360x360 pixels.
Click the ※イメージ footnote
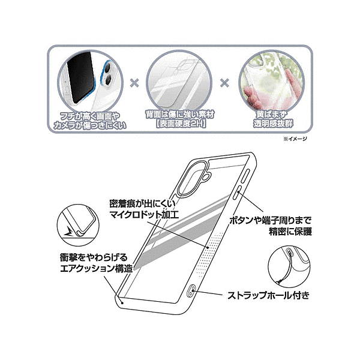click(295, 139)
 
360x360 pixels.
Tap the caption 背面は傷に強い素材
click(180, 114)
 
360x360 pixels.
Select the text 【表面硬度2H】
click(181, 124)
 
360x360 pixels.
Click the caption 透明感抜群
click(273, 124)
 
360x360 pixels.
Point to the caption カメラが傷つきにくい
click(90, 125)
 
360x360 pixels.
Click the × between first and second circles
click(134, 83)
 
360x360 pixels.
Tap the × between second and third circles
click(224, 83)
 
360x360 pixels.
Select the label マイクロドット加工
click(144, 214)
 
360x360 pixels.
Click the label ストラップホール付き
click(268, 295)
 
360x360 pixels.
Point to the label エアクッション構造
click(97, 268)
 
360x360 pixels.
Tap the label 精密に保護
click(290, 232)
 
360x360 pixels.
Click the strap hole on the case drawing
click(191, 290)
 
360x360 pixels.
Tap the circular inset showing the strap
click(289, 267)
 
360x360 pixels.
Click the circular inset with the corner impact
click(78, 226)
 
